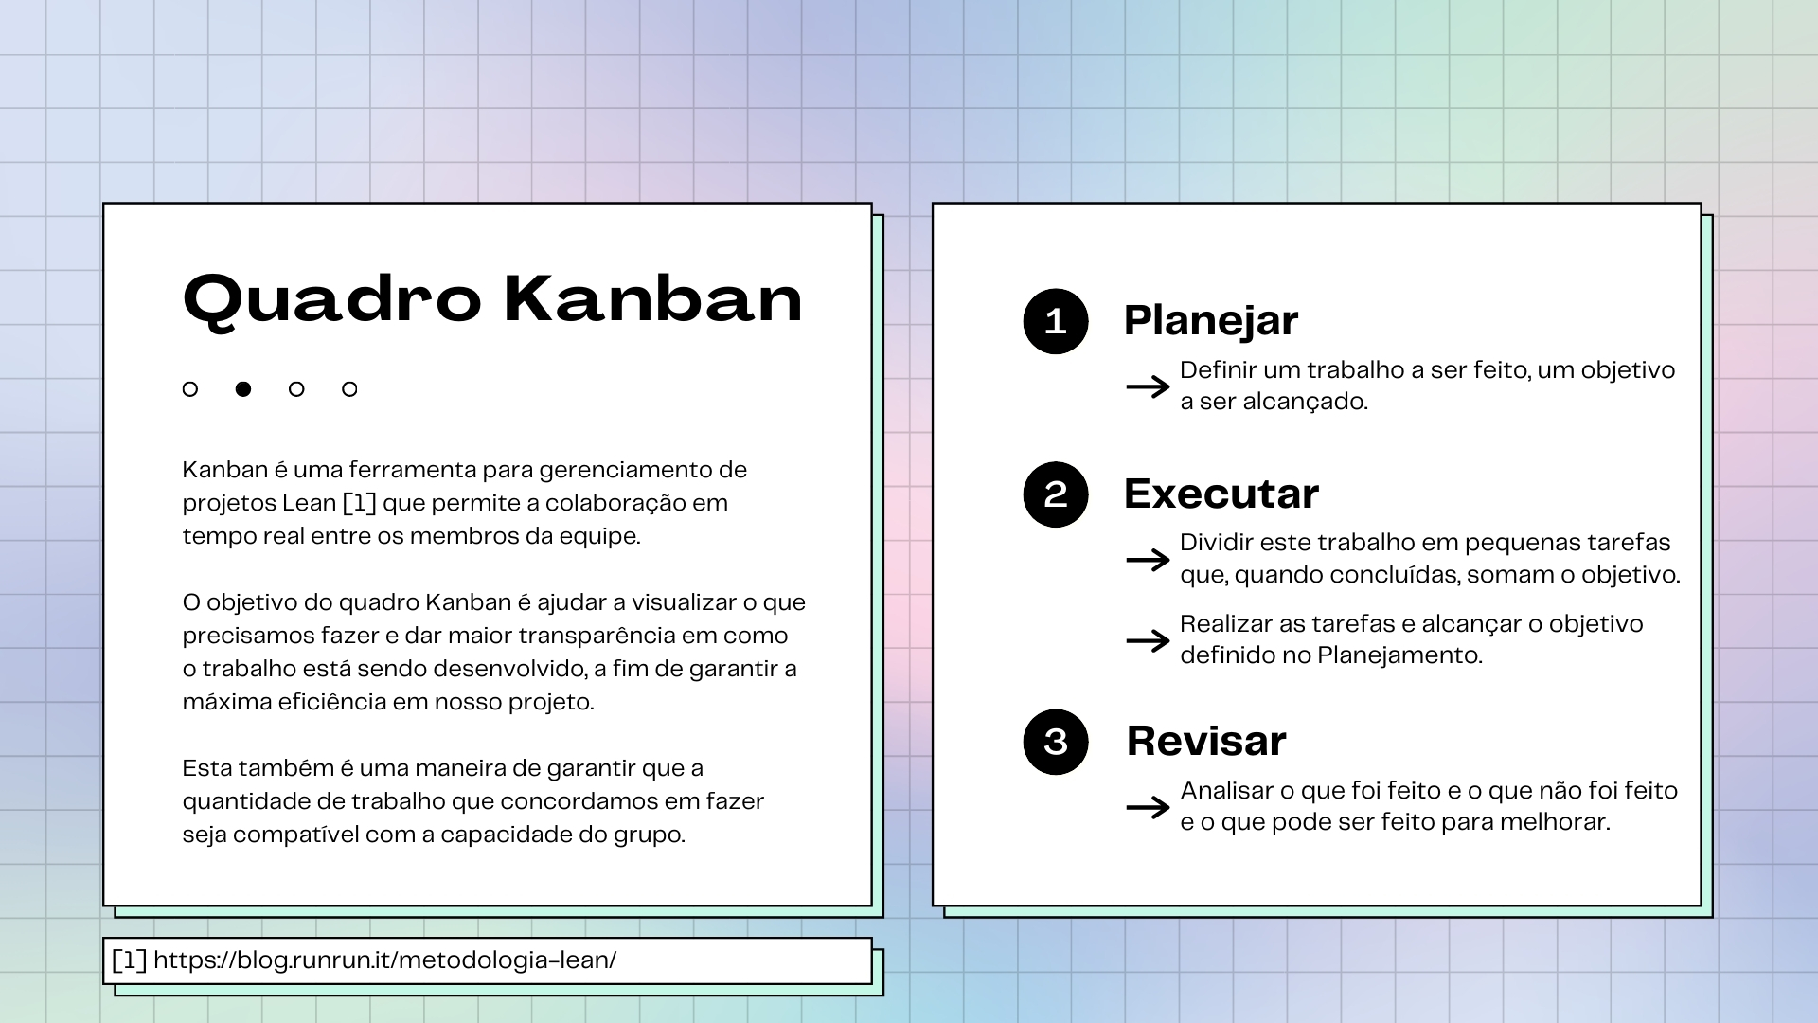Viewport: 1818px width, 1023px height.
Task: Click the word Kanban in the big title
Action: coord(653,298)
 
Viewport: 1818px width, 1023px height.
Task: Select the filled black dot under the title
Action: coord(243,389)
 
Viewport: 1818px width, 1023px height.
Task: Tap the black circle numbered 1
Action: coord(1056,322)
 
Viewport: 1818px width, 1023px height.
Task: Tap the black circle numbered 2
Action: coord(1056,494)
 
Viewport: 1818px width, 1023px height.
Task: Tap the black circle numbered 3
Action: coord(1056,742)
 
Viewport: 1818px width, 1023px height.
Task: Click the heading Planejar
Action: coord(1211,321)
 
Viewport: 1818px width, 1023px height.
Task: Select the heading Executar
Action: coord(1221,494)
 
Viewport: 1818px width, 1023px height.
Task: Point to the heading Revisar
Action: coord(1206,741)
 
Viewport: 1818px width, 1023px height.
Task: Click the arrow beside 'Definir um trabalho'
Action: coord(1149,386)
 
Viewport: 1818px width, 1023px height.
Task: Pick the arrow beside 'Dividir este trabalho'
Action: coord(1149,560)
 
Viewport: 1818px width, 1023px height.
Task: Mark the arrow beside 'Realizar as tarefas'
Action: coord(1149,641)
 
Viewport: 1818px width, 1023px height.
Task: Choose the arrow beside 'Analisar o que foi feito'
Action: coord(1149,807)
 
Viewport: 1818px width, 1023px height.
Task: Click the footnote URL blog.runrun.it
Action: coord(384,960)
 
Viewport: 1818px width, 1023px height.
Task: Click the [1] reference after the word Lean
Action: coord(359,503)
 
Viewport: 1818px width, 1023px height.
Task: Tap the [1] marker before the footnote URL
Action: coord(129,960)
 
